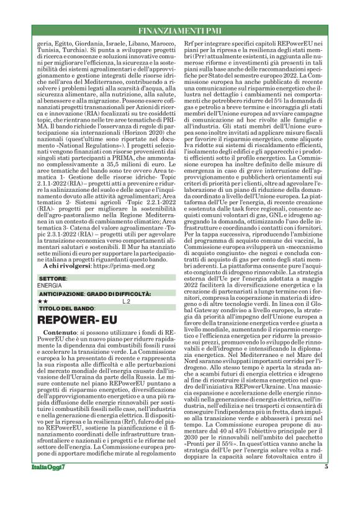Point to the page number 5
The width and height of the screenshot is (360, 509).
click(326, 484)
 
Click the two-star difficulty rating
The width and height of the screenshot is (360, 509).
click(43, 300)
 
